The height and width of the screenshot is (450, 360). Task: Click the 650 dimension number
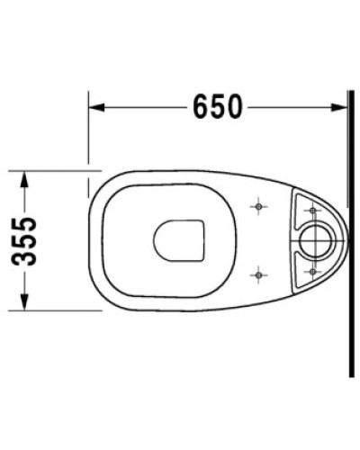point(217,106)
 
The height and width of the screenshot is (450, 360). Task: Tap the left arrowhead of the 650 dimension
point(94,107)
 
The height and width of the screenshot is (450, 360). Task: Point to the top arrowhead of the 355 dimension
point(27,174)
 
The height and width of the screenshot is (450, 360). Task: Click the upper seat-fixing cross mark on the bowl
point(258,209)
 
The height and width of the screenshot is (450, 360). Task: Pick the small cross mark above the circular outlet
point(312,211)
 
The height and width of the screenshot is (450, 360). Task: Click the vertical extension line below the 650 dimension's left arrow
point(88,135)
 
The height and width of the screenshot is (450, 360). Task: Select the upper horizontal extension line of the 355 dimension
point(54,167)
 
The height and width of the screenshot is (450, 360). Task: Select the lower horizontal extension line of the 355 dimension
point(54,309)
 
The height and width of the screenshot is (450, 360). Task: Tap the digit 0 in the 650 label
point(235,106)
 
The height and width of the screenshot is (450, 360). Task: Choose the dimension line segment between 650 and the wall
point(292,107)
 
